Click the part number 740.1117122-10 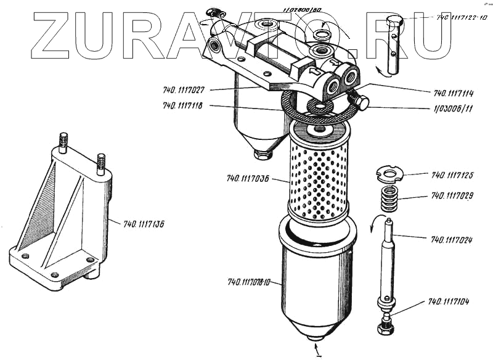(462, 18)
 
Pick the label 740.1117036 (248, 179)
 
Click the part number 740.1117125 (452, 176)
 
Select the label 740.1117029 (452, 197)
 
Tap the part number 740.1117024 (452, 239)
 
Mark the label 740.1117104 (449, 302)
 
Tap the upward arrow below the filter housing (318, 353)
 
